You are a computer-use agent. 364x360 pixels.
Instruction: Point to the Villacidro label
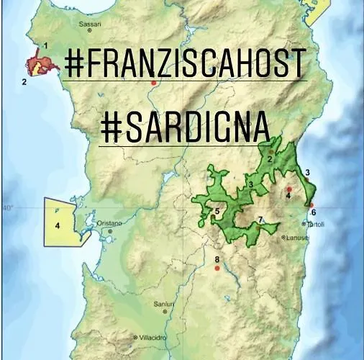tap(154, 336)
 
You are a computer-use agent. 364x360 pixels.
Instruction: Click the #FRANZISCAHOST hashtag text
tap(185, 63)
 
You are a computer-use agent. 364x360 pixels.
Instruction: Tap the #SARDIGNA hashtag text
tap(185, 127)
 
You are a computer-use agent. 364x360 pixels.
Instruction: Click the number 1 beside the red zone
tap(46, 45)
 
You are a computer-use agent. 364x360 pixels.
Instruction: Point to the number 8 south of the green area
tap(217, 259)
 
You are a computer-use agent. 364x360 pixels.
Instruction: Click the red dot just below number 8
tap(217, 269)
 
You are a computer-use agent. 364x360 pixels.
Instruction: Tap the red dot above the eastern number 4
tap(289, 189)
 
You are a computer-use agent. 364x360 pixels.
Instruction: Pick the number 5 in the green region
tap(217, 211)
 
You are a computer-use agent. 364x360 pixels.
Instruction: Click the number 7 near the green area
tap(260, 220)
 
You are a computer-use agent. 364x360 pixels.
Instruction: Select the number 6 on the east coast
tap(313, 212)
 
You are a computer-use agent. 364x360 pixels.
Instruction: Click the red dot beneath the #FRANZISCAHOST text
tap(153, 84)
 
